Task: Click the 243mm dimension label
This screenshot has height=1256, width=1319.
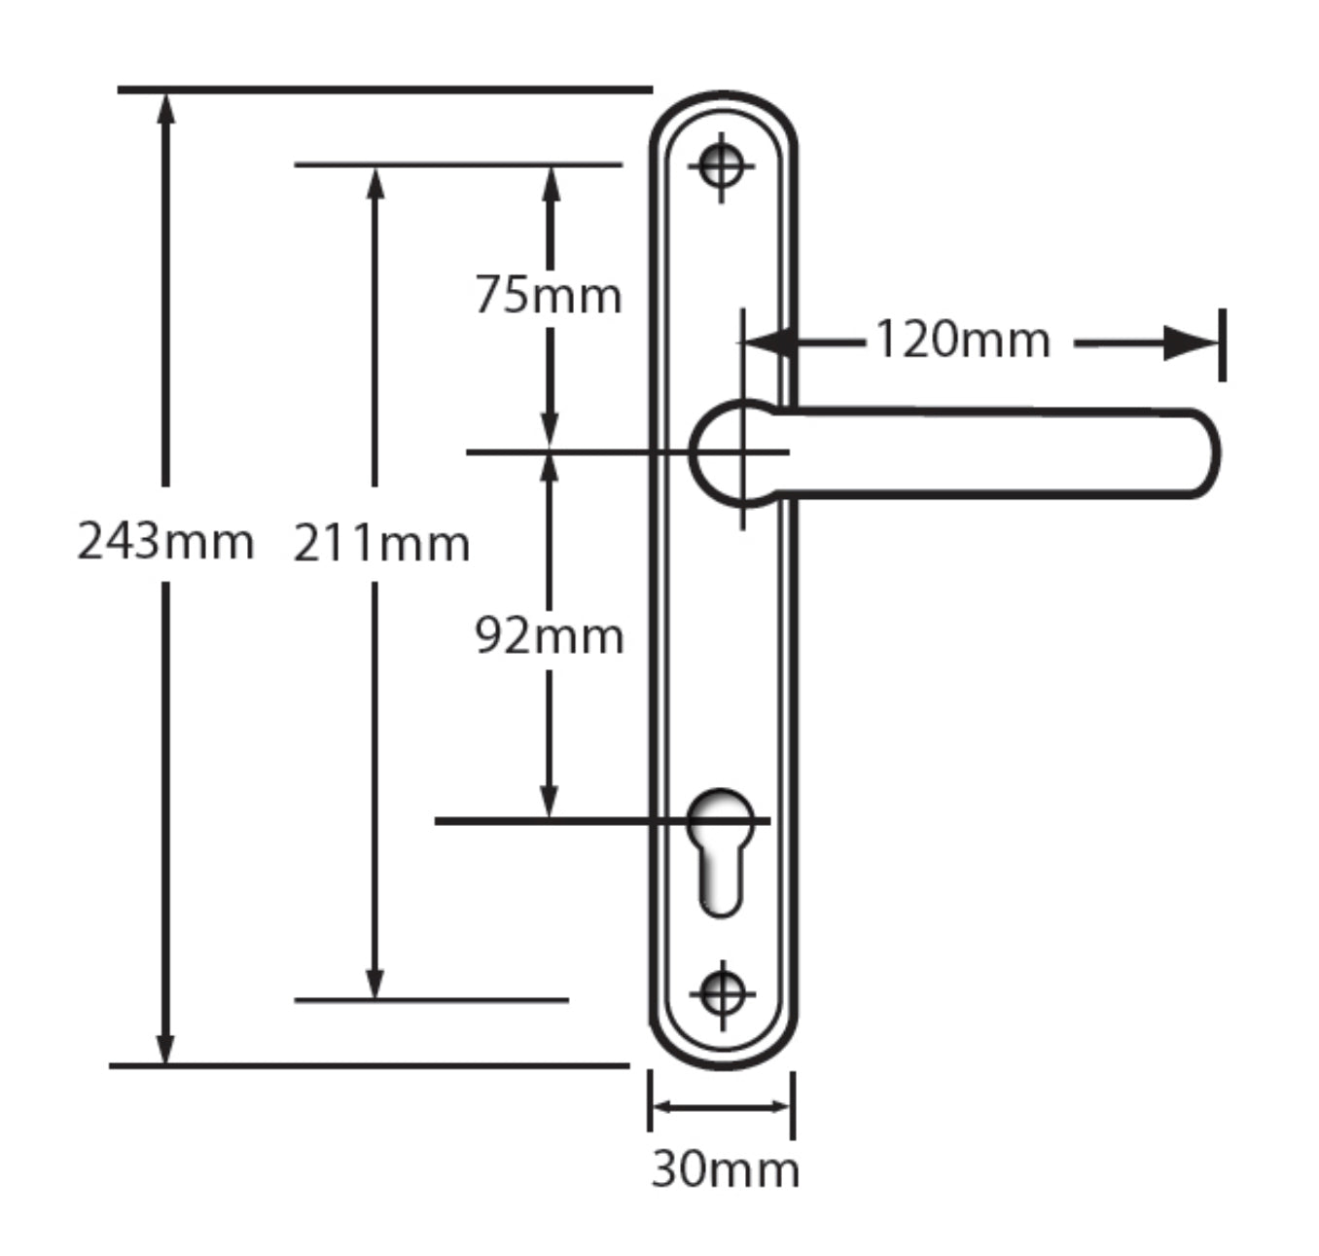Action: pyautogui.click(x=165, y=541)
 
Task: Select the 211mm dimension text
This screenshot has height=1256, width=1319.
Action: pyautogui.click(x=381, y=543)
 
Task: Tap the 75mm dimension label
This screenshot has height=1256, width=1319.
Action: pyautogui.click(x=549, y=295)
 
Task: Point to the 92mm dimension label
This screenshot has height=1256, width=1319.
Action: pyautogui.click(x=549, y=636)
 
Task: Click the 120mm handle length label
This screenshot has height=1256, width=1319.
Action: pyautogui.click(x=962, y=341)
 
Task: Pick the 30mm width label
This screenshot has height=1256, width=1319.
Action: pyautogui.click(x=725, y=1168)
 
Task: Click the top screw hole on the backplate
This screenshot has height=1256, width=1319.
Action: pyautogui.click(x=721, y=165)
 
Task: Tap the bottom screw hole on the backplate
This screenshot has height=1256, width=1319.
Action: pyautogui.click(x=722, y=994)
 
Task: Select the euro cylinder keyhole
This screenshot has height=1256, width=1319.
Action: pyautogui.click(x=720, y=851)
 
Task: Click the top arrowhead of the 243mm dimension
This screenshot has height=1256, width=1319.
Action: pyautogui.click(x=165, y=107)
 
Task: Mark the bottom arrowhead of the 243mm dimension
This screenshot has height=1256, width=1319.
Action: pyautogui.click(x=165, y=1049)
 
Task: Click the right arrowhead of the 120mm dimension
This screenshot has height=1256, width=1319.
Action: pyautogui.click(x=1192, y=343)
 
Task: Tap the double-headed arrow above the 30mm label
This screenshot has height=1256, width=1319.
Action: pyautogui.click(x=721, y=1106)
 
